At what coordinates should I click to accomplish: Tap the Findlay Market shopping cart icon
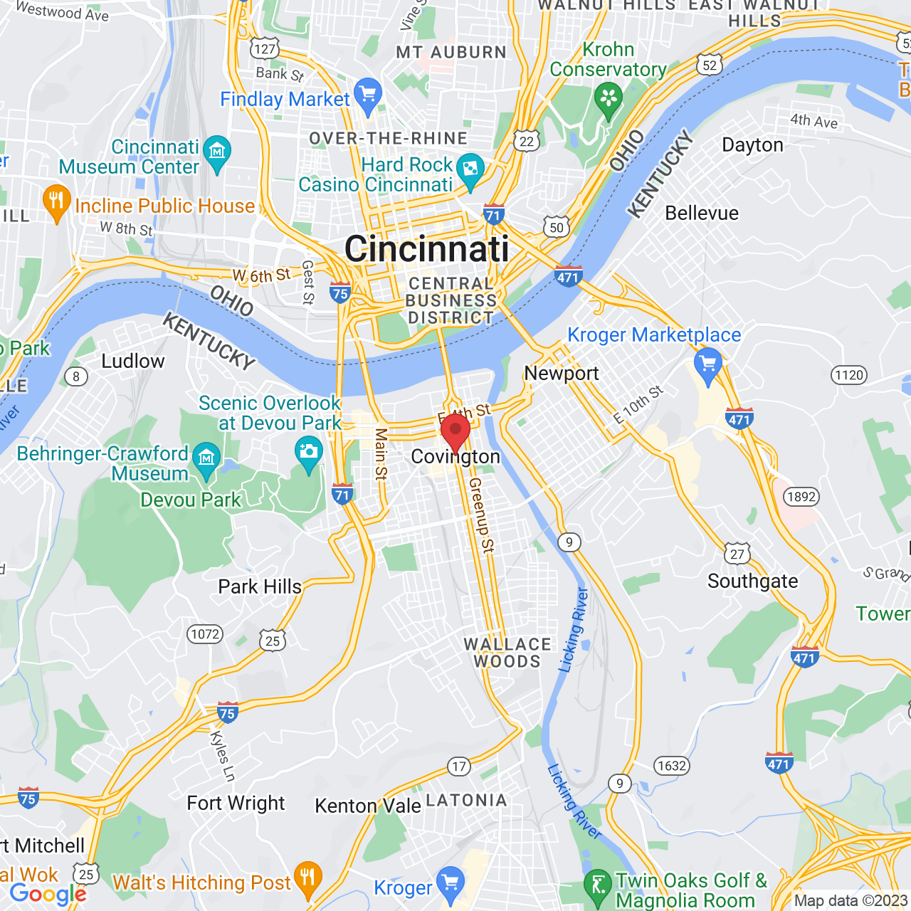pos(368,95)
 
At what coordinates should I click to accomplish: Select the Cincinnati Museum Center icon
pos(217,152)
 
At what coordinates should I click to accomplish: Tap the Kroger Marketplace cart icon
pos(707,364)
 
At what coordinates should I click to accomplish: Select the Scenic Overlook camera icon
pos(308,452)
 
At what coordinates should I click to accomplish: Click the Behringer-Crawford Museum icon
pos(207,457)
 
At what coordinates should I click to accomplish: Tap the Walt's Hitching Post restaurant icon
pos(307,877)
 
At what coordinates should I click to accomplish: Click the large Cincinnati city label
pos(426,249)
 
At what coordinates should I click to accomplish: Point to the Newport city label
pos(562,373)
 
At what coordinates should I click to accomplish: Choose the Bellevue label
pos(702,213)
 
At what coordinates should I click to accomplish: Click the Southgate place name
pos(752,581)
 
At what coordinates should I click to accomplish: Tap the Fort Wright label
pos(236,804)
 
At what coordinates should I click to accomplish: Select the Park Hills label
pos(260,586)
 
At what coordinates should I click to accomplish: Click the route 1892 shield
pos(801,497)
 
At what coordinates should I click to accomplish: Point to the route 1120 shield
pos(849,375)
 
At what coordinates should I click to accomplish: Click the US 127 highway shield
pos(265,48)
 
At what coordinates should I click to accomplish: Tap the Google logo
pos(48,894)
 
